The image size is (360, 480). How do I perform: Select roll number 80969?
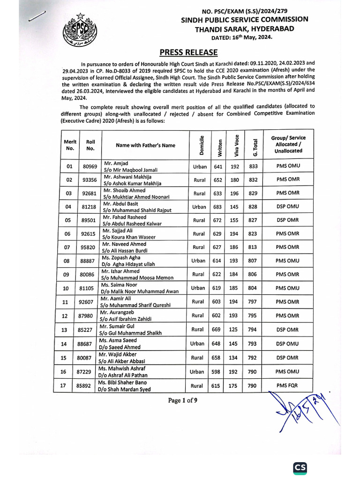pos(90,166)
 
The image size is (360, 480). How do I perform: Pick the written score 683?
pos(217,207)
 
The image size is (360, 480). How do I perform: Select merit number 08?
pos(69,261)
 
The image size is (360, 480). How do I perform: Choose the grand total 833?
pos(254,166)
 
